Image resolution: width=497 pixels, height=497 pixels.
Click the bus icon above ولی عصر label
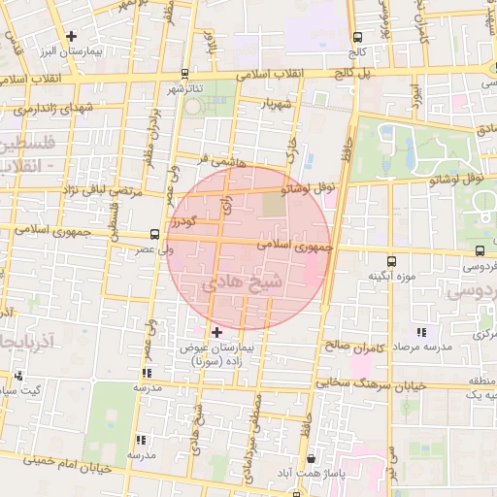[154, 234]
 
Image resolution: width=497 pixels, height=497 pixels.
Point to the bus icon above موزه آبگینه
[391, 261]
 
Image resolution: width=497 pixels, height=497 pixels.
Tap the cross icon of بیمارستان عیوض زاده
[216, 332]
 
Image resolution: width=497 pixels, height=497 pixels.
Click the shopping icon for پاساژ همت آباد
[310, 459]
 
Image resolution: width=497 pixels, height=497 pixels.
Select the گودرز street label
[182, 222]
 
